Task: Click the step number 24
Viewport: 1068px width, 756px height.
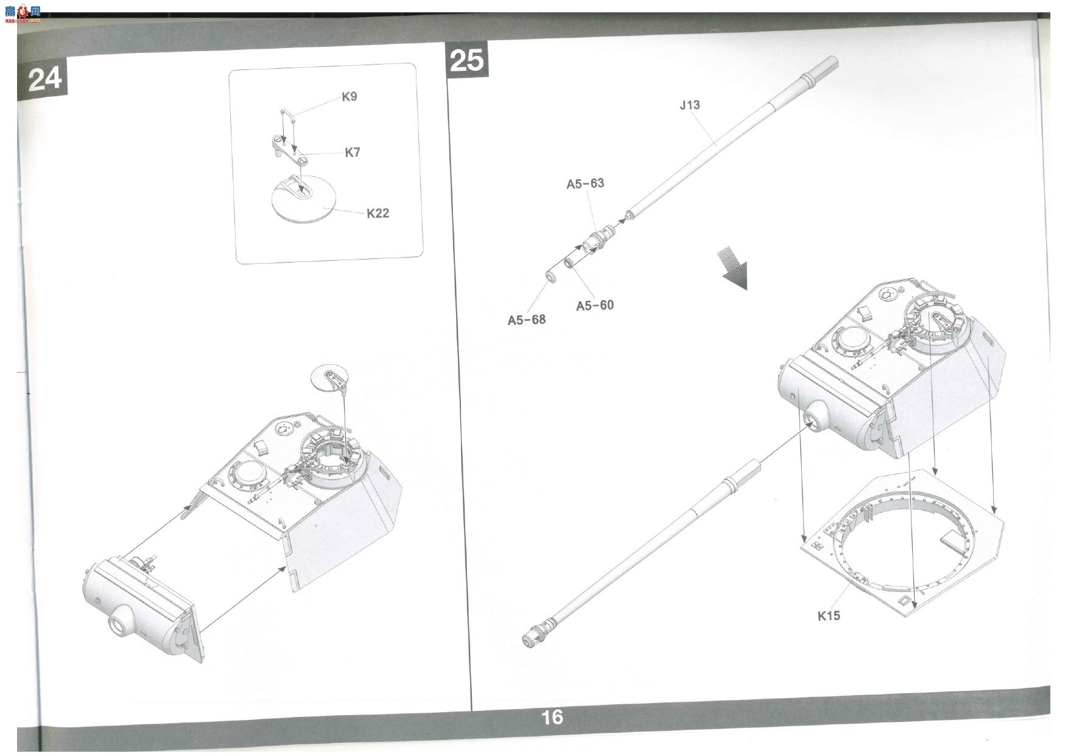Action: click(x=45, y=79)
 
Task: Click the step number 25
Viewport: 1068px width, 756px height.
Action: click(x=467, y=60)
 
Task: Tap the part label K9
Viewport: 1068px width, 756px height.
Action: click(x=350, y=96)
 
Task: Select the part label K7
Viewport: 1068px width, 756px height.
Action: click(x=353, y=152)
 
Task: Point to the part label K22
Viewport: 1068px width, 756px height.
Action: click(x=378, y=213)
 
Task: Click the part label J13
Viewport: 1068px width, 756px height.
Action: click(x=690, y=105)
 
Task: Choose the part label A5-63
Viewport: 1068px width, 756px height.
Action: click(x=585, y=183)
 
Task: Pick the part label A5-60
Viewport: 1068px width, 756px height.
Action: click(x=595, y=305)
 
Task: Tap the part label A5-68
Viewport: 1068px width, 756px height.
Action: click(x=527, y=320)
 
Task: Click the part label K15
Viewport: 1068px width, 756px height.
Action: click(x=829, y=615)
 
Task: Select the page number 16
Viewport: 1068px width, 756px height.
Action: click(x=552, y=718)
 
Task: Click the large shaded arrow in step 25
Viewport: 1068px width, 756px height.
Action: click(x=735, y=269)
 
